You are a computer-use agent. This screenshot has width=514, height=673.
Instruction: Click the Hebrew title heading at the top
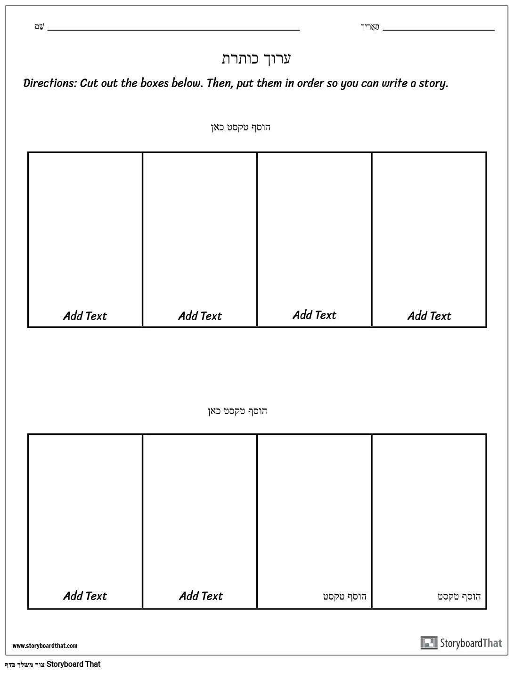pyautogui.click(x=256, y=59)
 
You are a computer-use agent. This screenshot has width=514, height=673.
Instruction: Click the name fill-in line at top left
pyautogui.click(x=173, y=29)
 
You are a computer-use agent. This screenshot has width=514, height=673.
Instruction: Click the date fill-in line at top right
pyautogui.click(x=438, y=29)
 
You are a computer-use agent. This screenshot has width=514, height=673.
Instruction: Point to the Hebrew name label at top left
pyautogui.click(x=40, y=26)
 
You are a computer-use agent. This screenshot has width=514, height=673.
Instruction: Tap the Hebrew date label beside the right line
pyautogui.click(x=370, y=26)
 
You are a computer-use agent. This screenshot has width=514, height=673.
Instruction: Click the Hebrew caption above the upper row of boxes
pyautogui.click(x=240, y=127)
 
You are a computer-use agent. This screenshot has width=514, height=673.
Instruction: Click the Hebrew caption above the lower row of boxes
pyautogui.click(x=237, y=411)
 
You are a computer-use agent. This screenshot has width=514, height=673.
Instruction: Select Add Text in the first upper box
pyautogui.click(x=85, y=316)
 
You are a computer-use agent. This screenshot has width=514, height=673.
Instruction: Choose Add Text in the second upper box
pyautogui.click(x=200, y=316)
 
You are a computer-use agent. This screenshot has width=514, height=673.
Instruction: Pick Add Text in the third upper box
pyautogui.click(x=314, y=315)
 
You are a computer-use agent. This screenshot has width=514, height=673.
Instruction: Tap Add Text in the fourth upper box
pyautogui.click(x=429, y=316)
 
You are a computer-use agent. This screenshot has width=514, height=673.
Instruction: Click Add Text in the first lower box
pyautogui.click(x=85, y=596)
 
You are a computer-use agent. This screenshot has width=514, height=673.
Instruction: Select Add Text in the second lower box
pyautogui.click(x=201, y=596)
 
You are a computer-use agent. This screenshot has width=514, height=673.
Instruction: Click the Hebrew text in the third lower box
pyautogui.click(x=344, y=596)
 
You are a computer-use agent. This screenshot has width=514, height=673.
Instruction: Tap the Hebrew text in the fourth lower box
pyautogui.click(x=459, y=596)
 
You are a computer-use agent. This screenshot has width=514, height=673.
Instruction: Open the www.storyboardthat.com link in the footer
pyautogui.click(x=45, y=646)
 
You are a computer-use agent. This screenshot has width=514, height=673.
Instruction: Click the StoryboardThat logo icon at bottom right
pyautogui.click(x=429, y=643)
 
